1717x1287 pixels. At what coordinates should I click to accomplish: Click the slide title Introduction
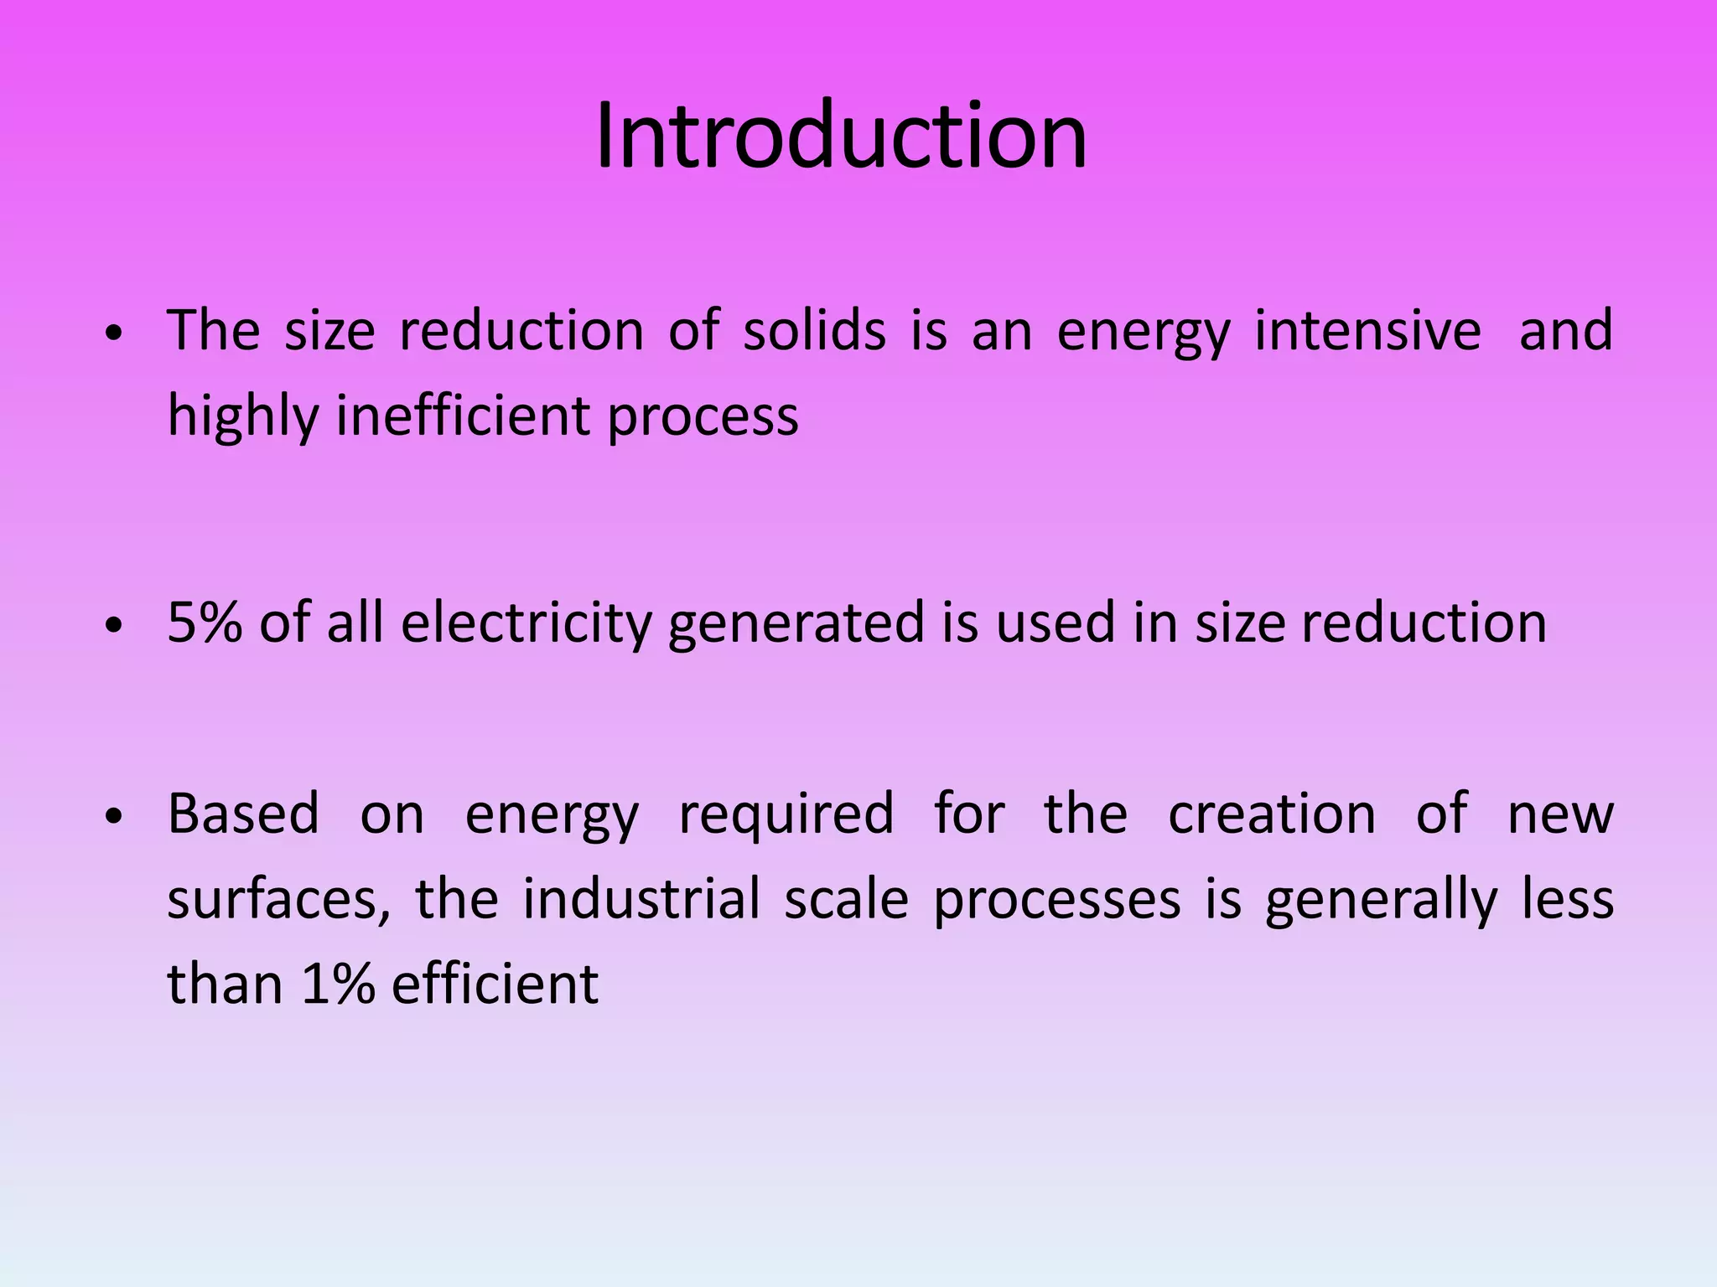click(841, 136)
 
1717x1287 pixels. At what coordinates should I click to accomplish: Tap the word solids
click(814, 330)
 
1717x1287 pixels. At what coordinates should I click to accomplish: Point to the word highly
click(241, 416)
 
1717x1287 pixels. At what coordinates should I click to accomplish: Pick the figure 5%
click(205, 623)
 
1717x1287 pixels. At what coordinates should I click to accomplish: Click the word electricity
click(526, 624)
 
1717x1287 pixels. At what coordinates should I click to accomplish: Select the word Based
click(243, 814)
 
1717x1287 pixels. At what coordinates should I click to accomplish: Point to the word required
click(786, 815)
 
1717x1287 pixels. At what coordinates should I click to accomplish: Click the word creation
click(1271, 814)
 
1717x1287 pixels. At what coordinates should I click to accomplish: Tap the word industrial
click(641, 898)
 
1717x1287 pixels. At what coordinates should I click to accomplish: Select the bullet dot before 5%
click(115, 625)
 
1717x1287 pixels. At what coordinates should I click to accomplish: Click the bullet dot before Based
click(115, 816)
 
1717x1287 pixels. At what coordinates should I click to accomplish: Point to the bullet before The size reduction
click(115, 333)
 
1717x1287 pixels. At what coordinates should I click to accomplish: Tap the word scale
click(846, 898)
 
